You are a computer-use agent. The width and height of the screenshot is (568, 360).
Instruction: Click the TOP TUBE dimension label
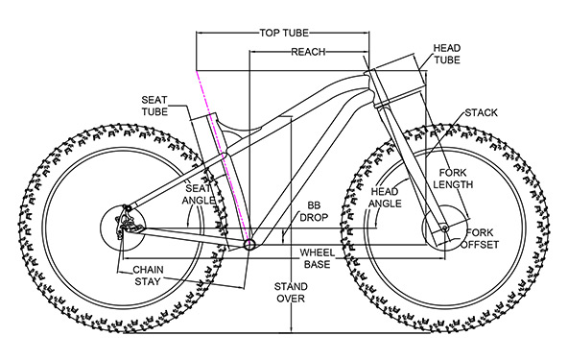(x=284, y=33)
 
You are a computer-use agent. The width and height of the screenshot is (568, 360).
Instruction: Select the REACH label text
(x=308, y=52)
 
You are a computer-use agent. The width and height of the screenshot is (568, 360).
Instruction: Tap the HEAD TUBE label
(x=447, y=54)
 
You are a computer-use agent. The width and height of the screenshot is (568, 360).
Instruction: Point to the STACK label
(x=481, y=112)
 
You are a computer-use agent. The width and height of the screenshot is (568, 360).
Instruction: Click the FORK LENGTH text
(x=453, y=179)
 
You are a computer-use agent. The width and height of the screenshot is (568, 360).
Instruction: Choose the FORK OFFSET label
(x=480, y=238)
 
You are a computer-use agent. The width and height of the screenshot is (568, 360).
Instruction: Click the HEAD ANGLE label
(x=385, y=198)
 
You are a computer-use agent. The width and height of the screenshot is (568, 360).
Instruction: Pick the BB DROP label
(x=314, y=211)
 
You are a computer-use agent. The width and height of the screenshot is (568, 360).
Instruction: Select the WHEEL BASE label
(x=317, y=258)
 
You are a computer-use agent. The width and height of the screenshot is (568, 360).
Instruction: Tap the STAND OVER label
(x=291, y=293)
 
